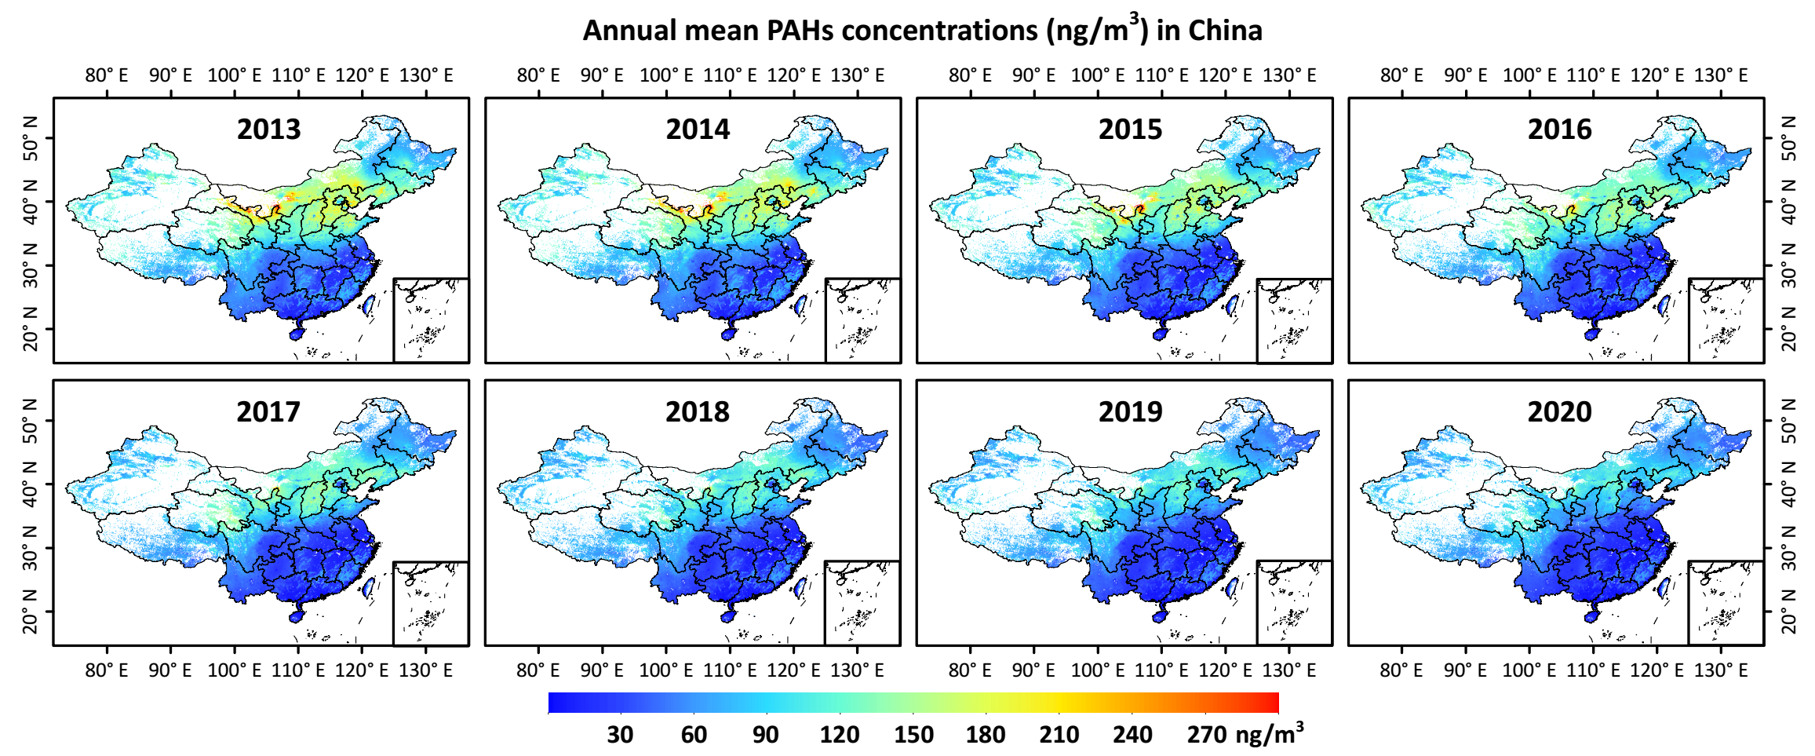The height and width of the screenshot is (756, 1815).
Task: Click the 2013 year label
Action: click(x=268, y=129)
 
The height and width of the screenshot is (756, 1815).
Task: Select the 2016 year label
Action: click(x=1559, y=129)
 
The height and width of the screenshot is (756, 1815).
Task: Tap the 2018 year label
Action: click(x=697, y=411)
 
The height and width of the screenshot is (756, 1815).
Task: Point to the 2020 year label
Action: click(x=1559, y=411)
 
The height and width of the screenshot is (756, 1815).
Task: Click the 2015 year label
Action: click(x=1130, y=129)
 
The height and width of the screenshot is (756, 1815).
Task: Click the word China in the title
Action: click(x=1225, y=31)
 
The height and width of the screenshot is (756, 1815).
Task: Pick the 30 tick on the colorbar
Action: click(x=620, y=734)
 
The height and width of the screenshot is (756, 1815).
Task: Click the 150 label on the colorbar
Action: click(x=913, y=734)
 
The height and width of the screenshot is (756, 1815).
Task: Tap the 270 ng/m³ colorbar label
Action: click(x=1244, y=734)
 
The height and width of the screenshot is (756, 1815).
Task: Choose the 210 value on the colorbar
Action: click(x=1059, y=734)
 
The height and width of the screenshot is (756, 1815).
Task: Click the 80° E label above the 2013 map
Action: click(x=107, y=75)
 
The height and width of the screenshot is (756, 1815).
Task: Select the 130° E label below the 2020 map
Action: click(x=1721, y=670)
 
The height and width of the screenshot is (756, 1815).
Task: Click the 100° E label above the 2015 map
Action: click(x=1098, y=75)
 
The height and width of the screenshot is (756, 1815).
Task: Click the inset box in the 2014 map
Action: click(x=862, y=320)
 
